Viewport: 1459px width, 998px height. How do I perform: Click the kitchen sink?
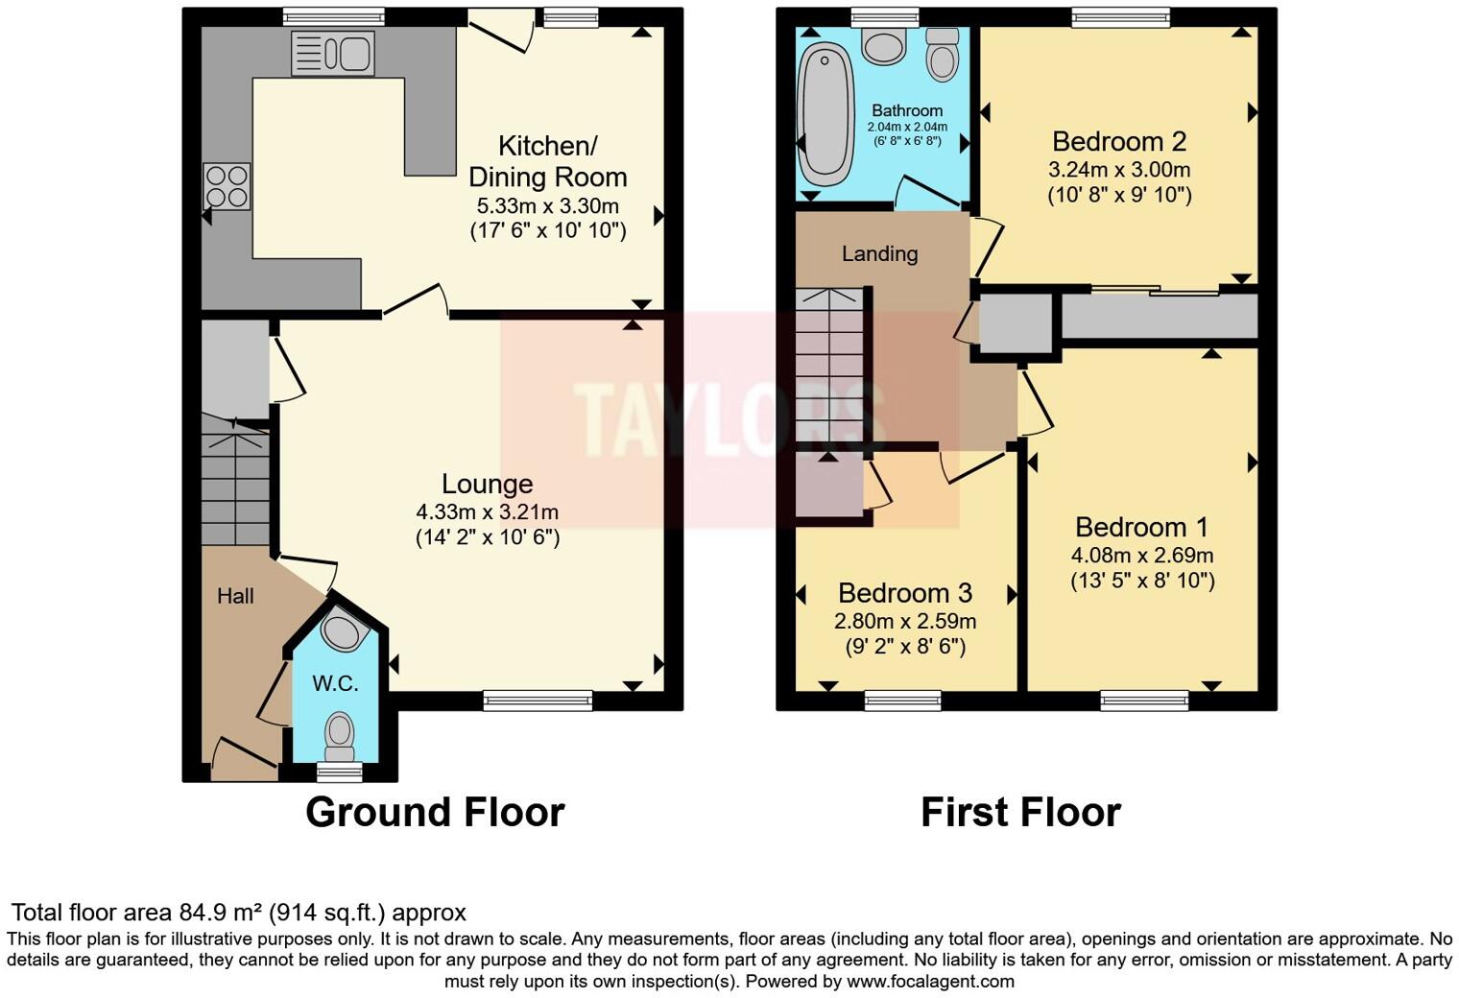click(x=332, y=53)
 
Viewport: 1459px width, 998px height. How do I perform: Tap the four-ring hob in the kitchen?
click(x=227, y=186)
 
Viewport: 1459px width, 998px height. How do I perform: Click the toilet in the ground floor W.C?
click(x=339, y=735)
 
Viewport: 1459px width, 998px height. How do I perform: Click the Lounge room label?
click(x=487, y=485)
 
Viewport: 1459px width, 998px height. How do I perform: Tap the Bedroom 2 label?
click(x=1119, y=142)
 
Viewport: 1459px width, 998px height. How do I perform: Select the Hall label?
click(x=235, y=596)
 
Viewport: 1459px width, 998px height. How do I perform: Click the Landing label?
click(x=879, y=254)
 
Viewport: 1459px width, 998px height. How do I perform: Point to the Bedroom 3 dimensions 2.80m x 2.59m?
click(x=905, y=621)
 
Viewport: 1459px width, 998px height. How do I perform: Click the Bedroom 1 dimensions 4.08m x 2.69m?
click(x=1142, y=556)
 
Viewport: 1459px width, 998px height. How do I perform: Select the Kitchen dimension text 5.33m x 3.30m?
click(x=547, y=206)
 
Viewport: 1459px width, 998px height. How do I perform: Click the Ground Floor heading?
click(x=435, y=813)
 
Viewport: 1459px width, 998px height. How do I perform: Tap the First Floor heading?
click(x=1020, y=813)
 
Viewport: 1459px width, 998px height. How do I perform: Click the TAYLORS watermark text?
click(x=729, y=419)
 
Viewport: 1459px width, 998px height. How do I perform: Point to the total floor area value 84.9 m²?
click(x=221, y=913)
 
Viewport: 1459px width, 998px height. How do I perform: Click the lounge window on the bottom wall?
click(x=538, y=701)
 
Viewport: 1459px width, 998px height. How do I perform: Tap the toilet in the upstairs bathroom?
click(x=943, y=55)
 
